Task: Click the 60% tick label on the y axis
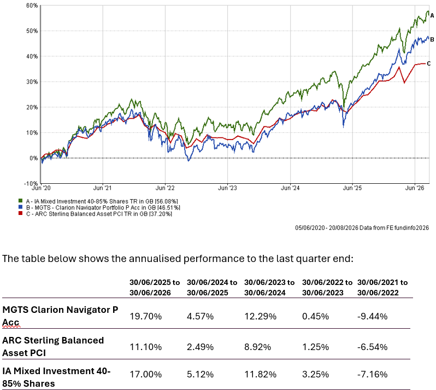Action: click(32, 5)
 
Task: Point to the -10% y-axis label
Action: click(31, 183)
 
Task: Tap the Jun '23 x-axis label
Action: click(227, 188)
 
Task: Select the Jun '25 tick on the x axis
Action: click(352, 188)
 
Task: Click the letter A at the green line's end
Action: click(432, 16)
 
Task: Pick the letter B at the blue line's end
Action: click(432, 39)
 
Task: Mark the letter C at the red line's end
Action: click(428, 64)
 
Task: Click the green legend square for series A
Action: click(20, 201)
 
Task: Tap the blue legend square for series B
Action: click(20, 207)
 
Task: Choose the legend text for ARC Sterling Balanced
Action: click(99, 214)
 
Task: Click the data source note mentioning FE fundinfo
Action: click(362, 228)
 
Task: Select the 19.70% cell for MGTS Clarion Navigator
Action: click(145, 316)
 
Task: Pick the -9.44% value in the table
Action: click(372, 316)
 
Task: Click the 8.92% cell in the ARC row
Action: click(257, 347)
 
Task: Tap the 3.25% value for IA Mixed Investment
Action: click(315, 374)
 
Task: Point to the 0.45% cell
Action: click(315, 316)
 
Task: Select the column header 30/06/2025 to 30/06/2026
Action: click(155, 288)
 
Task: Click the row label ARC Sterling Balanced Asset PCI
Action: click(53, 347)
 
